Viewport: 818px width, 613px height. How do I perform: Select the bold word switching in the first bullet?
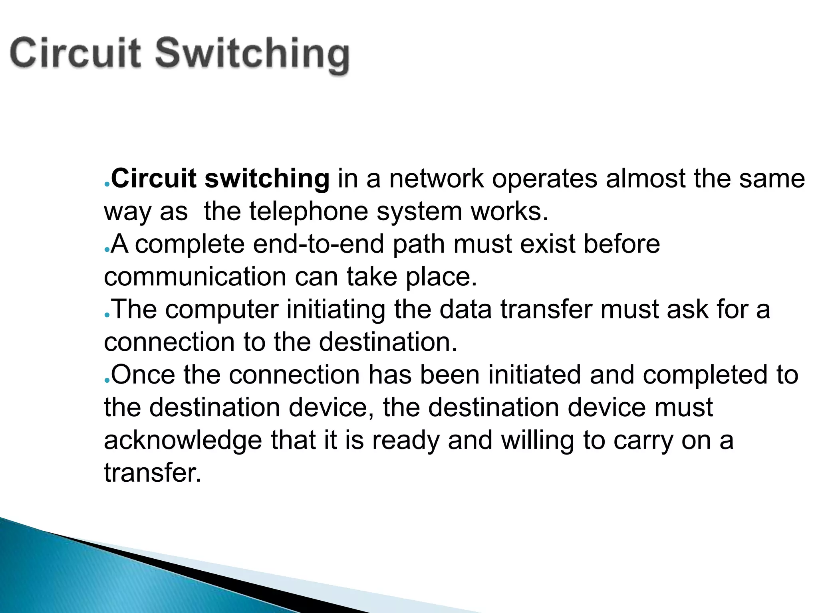tap(267, 179)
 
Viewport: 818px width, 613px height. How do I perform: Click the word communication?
tap(195, 277)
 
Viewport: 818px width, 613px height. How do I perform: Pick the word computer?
tap(222, 310)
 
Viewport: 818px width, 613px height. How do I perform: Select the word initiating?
tap(336, 310)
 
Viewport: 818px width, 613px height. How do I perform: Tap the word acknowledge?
tap(183, 441)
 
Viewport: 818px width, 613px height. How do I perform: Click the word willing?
tap(537, 441)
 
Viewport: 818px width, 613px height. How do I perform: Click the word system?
tap(419, 212)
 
